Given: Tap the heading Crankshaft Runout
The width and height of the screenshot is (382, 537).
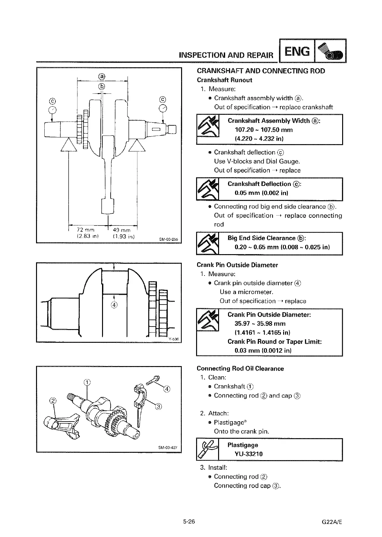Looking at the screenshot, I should pos(224,80).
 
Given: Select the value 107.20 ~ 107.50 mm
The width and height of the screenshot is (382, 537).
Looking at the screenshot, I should pos(264,130).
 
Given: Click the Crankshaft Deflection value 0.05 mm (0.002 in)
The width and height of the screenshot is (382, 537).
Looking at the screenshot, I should pos(261,193).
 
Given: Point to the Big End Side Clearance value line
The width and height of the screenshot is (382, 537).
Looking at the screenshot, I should pos(282,247).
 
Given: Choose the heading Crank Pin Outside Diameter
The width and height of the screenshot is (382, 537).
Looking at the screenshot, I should pos(237,265).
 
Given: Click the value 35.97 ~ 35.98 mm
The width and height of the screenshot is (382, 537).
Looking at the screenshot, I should pos(260,324).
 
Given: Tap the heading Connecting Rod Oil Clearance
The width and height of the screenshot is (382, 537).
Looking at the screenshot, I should pos(240,369).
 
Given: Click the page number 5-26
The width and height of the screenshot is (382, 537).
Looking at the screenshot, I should pos(189,522).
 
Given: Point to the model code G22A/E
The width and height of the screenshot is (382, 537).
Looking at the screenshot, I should pos(333,522).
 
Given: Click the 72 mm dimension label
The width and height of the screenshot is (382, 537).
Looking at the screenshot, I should pos(85,230).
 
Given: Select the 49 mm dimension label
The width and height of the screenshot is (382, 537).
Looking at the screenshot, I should pos(122,230).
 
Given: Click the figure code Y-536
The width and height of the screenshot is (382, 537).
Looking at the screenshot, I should pos(173,339).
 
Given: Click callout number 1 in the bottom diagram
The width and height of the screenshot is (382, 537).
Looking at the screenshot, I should pos(87,382).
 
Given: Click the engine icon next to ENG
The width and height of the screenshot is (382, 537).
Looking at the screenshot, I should pos(330,51).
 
